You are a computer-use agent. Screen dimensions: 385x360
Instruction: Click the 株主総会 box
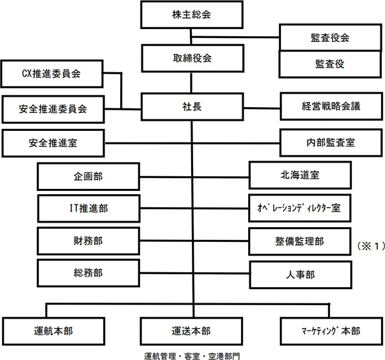[x=192, y=15]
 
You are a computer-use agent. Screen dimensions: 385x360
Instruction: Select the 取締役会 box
[x=192, y=58]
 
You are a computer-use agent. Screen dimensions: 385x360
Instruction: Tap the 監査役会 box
[x=330, y=37]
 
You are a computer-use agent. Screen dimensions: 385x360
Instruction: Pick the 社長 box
[x=192, y=106]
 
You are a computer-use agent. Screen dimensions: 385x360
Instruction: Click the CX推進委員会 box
[x=52, y=74]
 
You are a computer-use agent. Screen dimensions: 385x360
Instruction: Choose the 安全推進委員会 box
[x=53, y=109]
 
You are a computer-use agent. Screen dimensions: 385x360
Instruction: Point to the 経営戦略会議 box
[x=331, y=106]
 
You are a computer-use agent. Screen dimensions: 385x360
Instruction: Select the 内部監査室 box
[x=331, y=143]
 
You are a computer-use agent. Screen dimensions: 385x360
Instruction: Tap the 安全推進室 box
[x=53, y=143]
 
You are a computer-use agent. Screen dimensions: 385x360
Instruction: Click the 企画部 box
[x=88, y=177]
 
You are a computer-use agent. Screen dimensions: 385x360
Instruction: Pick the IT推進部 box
[x=89, y=208]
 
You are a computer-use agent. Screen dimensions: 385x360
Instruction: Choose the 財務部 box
[x=88, y=241]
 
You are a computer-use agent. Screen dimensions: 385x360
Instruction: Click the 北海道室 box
[x=300, y=175]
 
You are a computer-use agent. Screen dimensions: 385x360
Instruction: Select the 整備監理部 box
[x=300, y=241]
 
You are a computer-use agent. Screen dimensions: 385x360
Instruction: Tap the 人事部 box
[x=301, y=275]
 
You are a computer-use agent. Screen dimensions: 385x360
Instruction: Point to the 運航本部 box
[x=54, y=332]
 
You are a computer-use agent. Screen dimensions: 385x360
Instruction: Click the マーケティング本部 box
[x=331, y=332]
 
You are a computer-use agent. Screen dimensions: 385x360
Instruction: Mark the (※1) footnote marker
[x=371, y=246]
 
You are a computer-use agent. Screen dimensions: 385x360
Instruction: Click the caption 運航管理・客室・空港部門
[x=192, y=356]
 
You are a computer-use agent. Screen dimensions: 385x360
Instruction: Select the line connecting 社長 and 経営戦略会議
[x=262, y=108]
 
